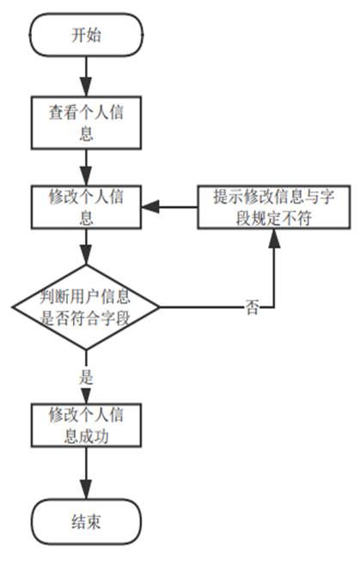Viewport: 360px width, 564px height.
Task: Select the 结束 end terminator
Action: pyautogui.click(x=86, y=520)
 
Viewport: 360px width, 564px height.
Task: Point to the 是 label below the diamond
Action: pyautogui.click(x=85, y=375)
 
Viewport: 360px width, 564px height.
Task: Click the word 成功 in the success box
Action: pyautogui.click(x=101, y=435)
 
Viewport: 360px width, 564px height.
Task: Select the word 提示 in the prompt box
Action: pyautogui.click(x=226, y=195)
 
